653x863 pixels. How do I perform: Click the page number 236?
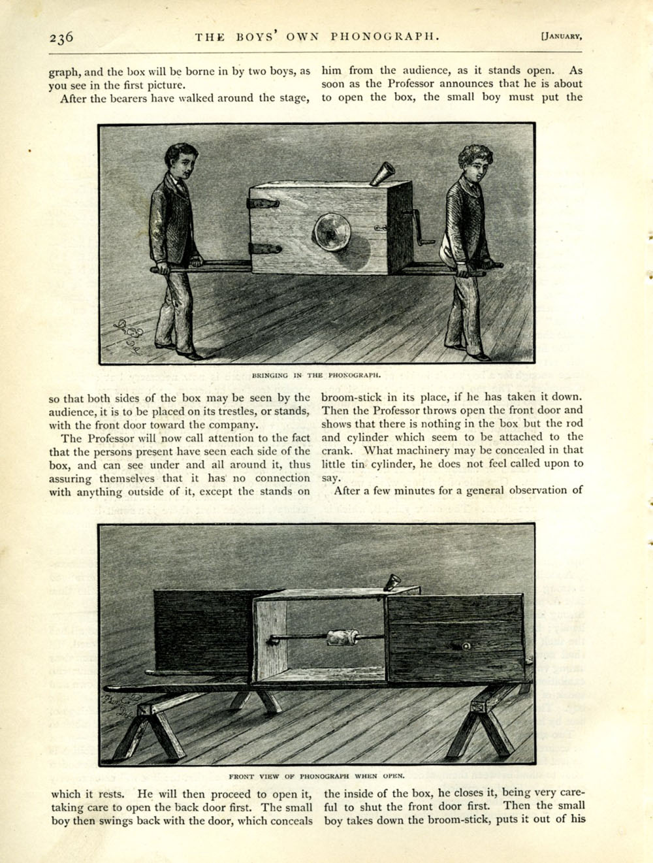[61, 37]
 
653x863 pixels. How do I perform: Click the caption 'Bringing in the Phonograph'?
[316, 376]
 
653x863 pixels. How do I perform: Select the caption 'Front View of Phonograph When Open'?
[317, 776]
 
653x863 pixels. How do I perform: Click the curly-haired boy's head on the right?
[475, 164]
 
